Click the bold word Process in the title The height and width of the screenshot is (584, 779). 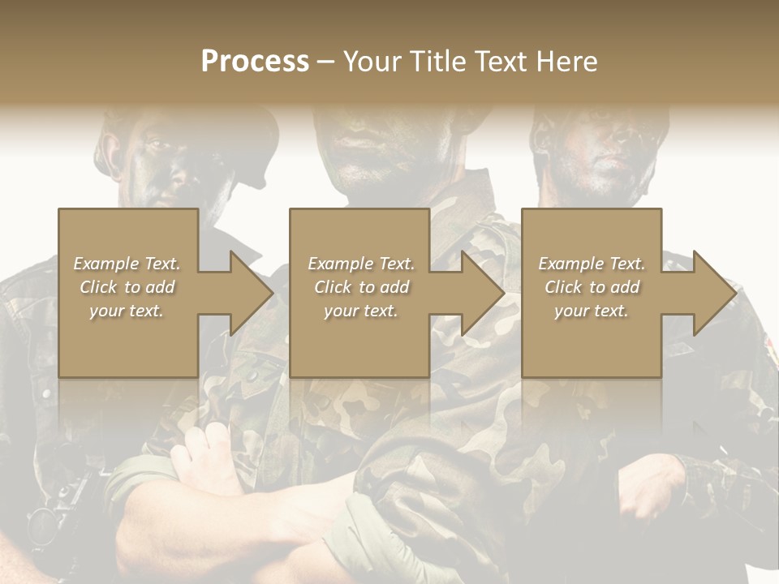[x=255, y=62]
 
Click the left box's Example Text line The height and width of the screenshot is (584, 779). [x=127, y=264]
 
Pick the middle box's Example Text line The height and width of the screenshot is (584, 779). [x=361, y=264]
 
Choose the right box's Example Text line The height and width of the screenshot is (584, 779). [x=592, y=264]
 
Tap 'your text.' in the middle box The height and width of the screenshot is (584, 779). [x=361, y=311]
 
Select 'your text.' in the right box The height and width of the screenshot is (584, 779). [x=592, y=311]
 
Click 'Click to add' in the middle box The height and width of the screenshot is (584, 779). [x=361, y=287]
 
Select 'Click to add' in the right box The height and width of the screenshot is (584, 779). [x=592, y=287]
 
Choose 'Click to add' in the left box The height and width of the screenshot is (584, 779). [x=127, y=287]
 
